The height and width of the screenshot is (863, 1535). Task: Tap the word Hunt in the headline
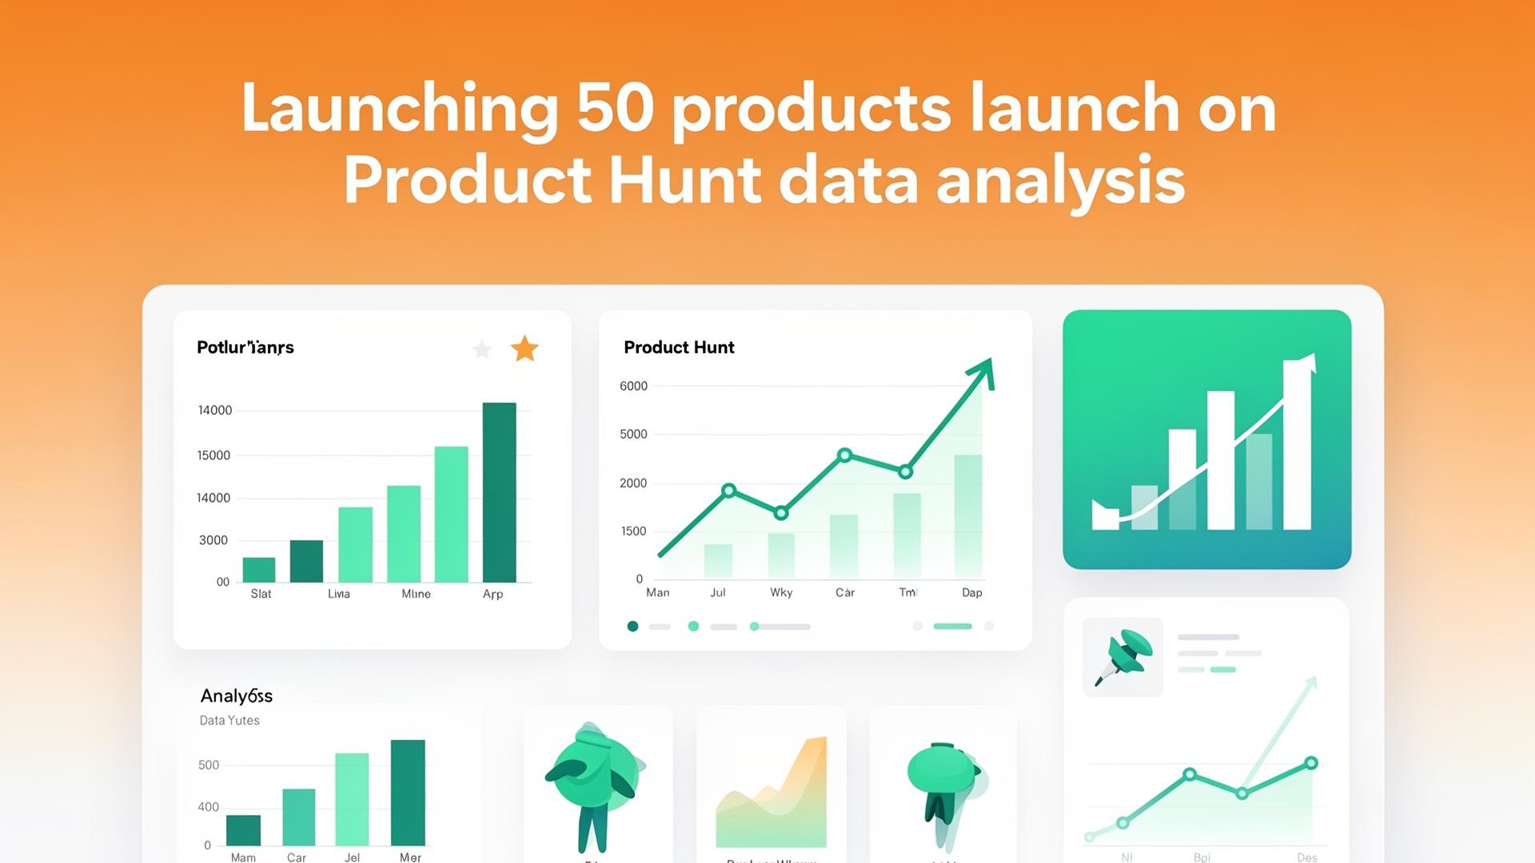pos(684,181)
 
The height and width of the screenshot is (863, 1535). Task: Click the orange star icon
pos(524,348)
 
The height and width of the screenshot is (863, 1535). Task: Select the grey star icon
pos(482,349)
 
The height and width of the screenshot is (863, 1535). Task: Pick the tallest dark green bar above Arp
pos(499,491)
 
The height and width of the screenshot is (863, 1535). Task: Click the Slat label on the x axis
pos(261,594)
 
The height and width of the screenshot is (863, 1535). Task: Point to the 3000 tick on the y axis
pos(213,540)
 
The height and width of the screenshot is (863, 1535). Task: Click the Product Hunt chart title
pos(679,347)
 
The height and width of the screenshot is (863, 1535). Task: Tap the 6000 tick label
pos(633,386)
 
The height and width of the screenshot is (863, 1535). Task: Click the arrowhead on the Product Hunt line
pos(983,372)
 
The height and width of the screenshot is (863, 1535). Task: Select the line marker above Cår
pos(845,455)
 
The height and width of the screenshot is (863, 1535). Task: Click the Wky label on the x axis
pos(781,592)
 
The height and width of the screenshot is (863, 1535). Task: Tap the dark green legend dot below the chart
pos(632,626)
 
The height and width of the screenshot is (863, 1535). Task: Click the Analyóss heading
pos(237,695)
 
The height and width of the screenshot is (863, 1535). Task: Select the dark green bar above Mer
pos(408,792)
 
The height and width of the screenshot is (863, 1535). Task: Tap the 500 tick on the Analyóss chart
pos(209,765)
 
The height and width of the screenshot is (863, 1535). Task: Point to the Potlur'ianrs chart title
pos(245,347)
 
